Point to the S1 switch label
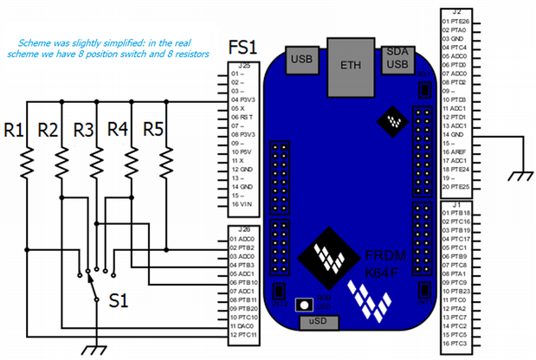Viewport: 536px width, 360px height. pyautogui.click(x=118, y=302)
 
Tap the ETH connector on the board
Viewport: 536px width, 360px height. pyautogui.click(x=351, y=65)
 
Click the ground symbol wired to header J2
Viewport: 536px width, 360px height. pyautogui.click(x=520, y=176)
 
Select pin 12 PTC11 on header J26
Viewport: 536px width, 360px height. pyautogui.click(x=243, y=333)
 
